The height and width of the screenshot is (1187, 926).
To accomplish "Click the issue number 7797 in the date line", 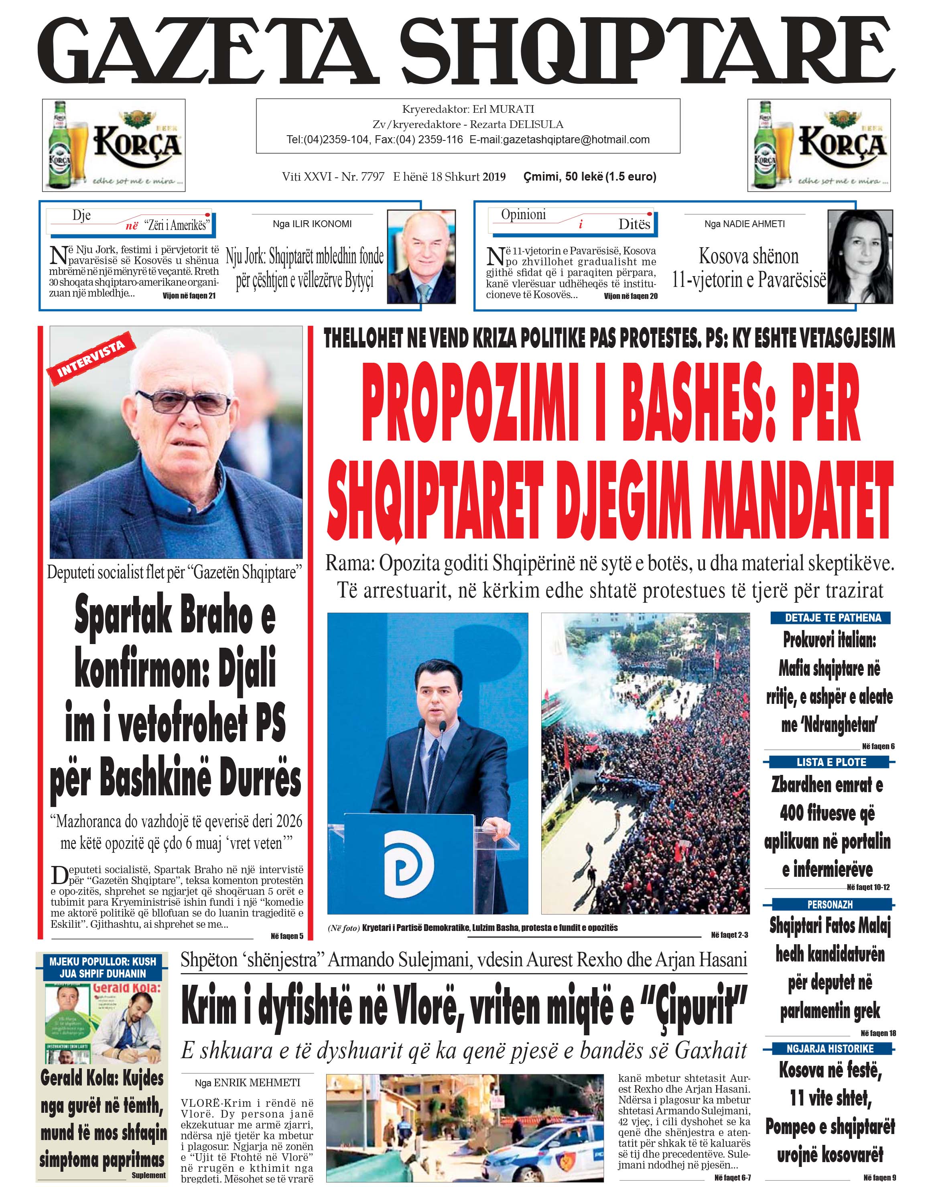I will (x=372, y=177).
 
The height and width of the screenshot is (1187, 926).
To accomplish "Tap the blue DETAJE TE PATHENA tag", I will (x=833, y=618).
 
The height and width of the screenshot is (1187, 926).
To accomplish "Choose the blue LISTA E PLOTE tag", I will (x=831, y=762).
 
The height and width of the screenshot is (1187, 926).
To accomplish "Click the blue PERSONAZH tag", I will (x=829, y=904).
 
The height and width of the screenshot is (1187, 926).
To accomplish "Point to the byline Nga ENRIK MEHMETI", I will (x=247, y=1083).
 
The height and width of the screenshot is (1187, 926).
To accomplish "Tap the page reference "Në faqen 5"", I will (x=287, y=936).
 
